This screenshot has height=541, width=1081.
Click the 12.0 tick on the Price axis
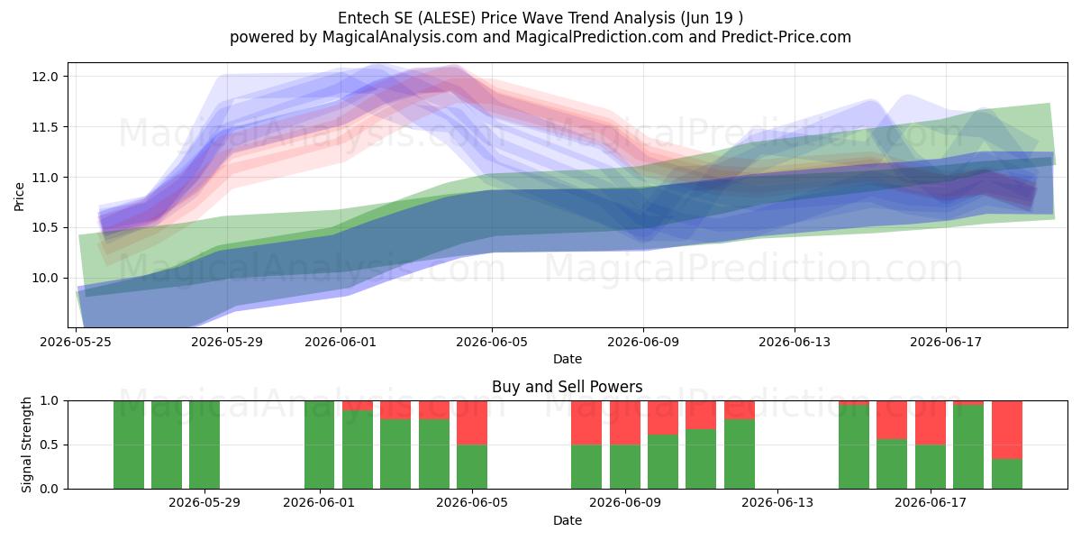point(45,77)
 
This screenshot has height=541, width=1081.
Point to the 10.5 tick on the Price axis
point(45,227)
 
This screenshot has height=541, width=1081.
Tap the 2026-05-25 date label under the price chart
point(76,342)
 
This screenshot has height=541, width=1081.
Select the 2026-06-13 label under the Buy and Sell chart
point(777,503)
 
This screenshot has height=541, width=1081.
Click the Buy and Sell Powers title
point(567,387)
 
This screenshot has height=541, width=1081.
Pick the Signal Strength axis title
point(26,445)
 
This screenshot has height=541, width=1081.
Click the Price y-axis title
point(19,197)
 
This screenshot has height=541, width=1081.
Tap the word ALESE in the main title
point(447,18)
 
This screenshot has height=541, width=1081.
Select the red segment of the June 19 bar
point(1007,430)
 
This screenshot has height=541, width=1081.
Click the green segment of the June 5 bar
point(472,467)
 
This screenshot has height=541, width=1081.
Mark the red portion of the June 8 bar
point(586,423)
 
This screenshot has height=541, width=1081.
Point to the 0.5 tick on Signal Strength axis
point(50,445)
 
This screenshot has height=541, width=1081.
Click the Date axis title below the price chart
point(568,360)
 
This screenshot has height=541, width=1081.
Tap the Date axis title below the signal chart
point(568,521)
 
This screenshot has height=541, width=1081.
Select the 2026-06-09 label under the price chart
point(643,342)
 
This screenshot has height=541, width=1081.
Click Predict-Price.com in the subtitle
point(786,37)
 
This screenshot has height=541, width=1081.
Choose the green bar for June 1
point(319,445)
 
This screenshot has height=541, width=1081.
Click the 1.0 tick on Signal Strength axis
point(50,401)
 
